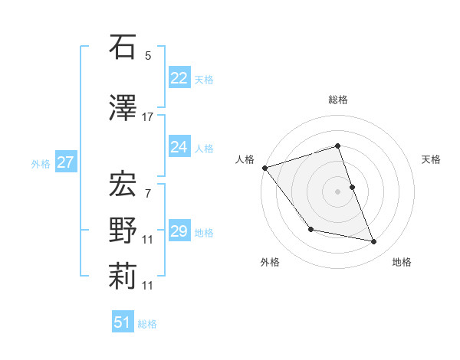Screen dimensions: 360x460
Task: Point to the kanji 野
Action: (x=123, y=230)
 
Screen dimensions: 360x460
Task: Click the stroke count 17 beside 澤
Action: (x=148, y=116)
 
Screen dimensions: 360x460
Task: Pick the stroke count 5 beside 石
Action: (x=148, y=56)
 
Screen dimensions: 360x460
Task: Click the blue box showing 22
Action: (x=179, y=78)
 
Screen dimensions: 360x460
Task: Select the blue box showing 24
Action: (x=179, y=146)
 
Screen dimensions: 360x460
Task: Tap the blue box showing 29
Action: (x=179, y=231)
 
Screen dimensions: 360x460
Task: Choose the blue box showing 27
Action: (x=65, y=162)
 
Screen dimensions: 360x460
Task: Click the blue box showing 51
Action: (x=123, y=323)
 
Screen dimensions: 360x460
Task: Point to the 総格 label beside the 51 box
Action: (x=147, y=324)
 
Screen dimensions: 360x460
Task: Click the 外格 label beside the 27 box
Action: (x=41, y=163)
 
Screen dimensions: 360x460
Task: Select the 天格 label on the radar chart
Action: (x=432, y=159)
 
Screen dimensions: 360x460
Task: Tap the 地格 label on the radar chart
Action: (x=402, y=262)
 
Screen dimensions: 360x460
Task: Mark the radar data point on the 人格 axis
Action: (x=264, y=168)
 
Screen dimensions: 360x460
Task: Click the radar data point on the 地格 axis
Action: (x=374, y=242)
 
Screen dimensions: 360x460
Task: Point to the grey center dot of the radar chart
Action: (x=337, y=191)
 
